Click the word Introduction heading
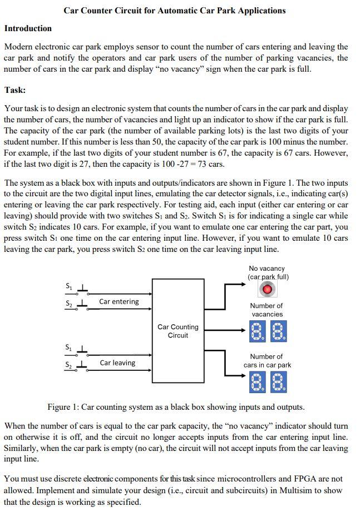pos(28,28)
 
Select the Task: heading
pos(15,90)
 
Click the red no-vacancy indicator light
pos(268,289)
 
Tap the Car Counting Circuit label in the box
pos(177,331)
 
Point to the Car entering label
pos(119,301)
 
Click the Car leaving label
pos(117,363)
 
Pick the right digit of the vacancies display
pos(278,332)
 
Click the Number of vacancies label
pos(267,310)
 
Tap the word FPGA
pos(273,478)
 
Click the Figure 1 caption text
pos(176,406)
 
